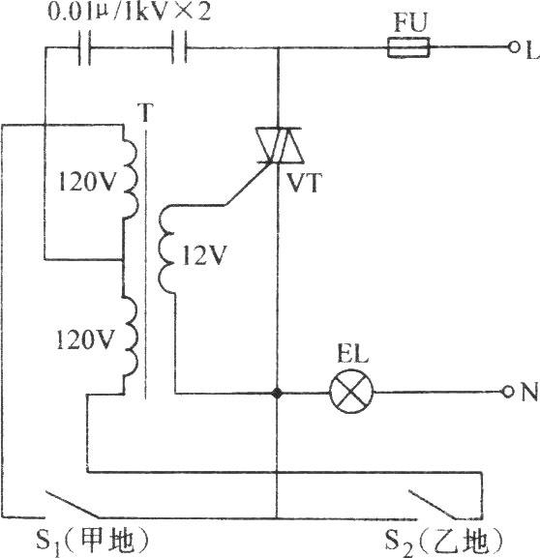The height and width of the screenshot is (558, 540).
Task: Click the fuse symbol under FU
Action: tap(408, 47)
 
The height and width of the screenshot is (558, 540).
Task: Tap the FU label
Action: tap(410, 22)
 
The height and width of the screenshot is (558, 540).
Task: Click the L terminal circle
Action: tap(514, 47)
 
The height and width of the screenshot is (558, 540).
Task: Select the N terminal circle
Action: tap(508, 392)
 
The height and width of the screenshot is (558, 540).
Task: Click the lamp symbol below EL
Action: tap(351, 392)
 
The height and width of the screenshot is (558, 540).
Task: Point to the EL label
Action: tap(352, 354)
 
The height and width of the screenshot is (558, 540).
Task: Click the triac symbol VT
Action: tap(279, 145)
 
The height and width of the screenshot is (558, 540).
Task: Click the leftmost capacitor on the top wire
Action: tap(84, 47)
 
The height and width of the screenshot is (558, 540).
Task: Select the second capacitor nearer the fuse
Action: tap(179, 47)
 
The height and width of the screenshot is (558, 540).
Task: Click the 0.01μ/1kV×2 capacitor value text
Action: tap(129, 13)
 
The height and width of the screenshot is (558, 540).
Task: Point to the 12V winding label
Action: tap(204, 255)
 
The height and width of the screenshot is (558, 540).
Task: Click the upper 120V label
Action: tap(87, 182)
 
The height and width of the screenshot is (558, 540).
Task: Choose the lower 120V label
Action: tap(85, 338)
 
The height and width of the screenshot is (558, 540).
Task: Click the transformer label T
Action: tap(145, 112)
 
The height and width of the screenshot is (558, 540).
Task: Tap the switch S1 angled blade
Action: tap(72, 505)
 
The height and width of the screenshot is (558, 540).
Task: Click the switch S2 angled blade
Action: tap(433, 505)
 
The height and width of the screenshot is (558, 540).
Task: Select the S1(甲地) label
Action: tap(92, 540)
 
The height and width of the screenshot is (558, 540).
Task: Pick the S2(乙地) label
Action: tap(444, 541)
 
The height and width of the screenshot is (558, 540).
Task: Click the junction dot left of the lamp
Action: tap(277, 393)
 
